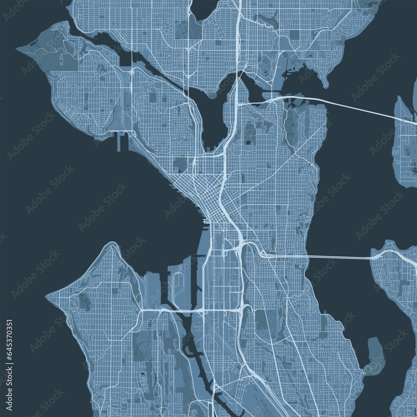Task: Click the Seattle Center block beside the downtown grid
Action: pyautogui.click(x=181, y=164)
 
